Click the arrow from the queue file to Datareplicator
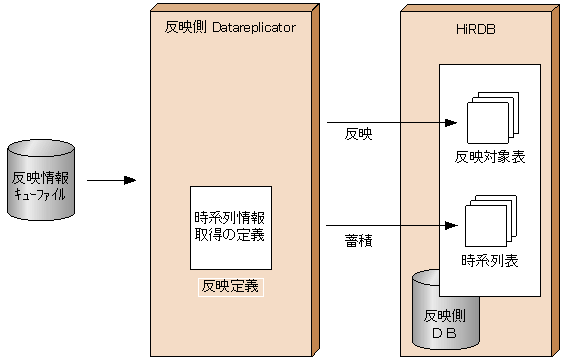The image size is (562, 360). tap(111, 181)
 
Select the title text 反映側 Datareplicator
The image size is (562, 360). tap(230, 29)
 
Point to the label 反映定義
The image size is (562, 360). tap(230, 286)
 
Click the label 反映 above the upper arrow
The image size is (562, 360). tap(358, 133)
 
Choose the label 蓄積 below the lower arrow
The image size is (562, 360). tap(358, 240)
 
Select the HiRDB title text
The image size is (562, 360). tap(468, 29)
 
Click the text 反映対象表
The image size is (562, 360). tap(490, 157)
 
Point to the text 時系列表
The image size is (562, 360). tap(490, 260)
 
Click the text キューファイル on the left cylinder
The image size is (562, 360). tap(40, 195)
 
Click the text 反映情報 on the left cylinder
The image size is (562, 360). tap(40, 178)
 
